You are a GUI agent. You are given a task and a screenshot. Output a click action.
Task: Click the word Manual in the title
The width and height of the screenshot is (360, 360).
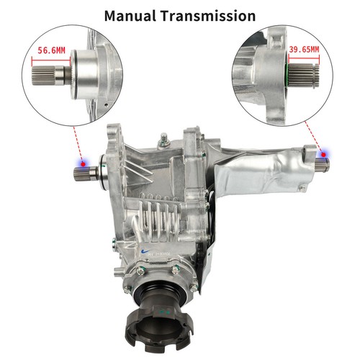coord(130,16)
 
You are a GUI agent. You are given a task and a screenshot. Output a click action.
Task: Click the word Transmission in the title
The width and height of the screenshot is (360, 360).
coord(208,16)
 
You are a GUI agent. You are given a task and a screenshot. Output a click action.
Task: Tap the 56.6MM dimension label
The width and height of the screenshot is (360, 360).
coord(51,50)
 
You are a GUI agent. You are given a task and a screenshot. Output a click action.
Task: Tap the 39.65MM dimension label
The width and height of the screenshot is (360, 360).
coord(304,50)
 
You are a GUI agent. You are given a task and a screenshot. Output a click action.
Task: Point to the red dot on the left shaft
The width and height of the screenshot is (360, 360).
coord(83,164)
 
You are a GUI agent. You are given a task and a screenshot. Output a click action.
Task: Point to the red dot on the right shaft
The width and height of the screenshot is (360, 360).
coord(323,155)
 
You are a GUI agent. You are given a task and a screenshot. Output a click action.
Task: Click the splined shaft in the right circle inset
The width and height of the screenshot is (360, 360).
coord(304,76)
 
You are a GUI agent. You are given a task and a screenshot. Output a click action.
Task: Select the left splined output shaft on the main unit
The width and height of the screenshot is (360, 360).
coord(86,174)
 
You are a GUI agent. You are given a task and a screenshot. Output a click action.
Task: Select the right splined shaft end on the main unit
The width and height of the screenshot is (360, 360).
coord(323,165)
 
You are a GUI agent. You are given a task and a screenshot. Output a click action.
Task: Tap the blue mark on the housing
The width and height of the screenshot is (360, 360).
coord(145,252)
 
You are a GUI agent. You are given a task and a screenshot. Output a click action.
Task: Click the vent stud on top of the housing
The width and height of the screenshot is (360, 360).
coord(164,140)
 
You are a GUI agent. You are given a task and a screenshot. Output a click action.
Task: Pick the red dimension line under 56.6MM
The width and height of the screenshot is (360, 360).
coord(51,60)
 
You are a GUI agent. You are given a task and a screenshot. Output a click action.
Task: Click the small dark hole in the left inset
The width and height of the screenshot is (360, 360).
coord(106,104)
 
